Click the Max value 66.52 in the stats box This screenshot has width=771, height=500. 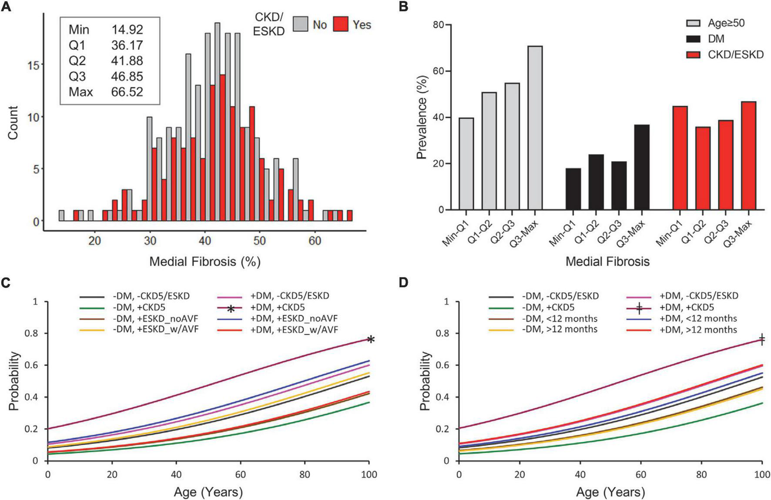click(x=127, y=92)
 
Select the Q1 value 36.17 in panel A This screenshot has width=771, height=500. click(x=127, y=45)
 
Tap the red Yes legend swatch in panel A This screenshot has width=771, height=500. click(x=342, y=24)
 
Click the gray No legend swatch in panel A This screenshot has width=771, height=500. click(x=301, y=24)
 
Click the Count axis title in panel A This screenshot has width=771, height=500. click(x=13, y=123)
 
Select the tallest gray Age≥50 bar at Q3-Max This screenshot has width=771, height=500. click(x=535, y=128)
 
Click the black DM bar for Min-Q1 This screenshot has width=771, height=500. click(x=573, y=189)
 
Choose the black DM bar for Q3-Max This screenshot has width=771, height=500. click(x=642, y=167)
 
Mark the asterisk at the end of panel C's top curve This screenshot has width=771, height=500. click(x=370, y=340)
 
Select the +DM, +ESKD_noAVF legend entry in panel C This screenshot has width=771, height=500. click(x=294, y=319)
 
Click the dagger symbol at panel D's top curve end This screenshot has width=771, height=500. click(x=762, y=339)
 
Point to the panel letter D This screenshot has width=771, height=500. click(x=404, y=283)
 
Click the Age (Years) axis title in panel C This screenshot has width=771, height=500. click(x=208, y=492)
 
